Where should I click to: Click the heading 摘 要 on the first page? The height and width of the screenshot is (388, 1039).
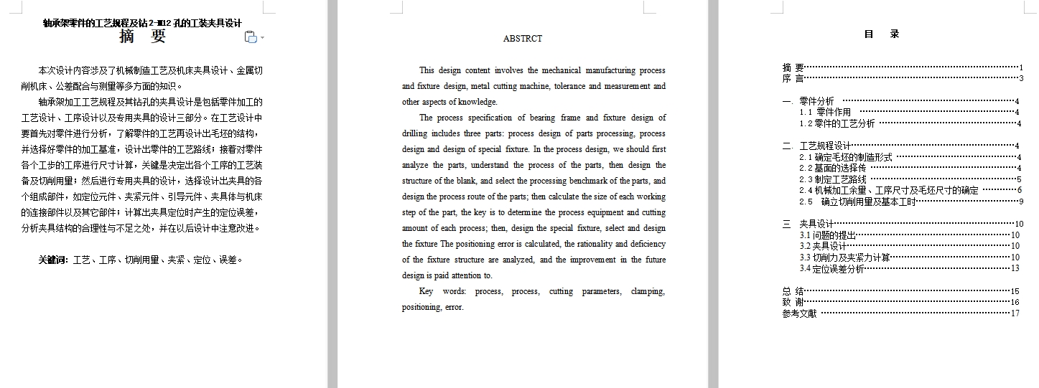pyautogui.click(x=142, y=37)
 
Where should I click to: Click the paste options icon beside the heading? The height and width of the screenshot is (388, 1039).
pyautogui.click(x=251, y=37)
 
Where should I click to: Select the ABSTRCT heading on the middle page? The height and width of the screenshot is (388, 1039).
pyautogui.click(x=523, y=39)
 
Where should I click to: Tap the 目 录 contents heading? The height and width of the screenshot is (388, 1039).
pyautogui.click(x=882, y=34)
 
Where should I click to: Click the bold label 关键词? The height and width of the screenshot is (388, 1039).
pyautogui.click(x=53, y=260)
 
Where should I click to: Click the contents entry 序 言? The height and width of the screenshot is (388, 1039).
pyautogui.click(x=793, y=78)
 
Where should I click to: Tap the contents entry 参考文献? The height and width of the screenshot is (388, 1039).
pyautogui.click(x=799, y=313)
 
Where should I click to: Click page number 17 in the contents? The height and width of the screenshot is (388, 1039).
pyautogui.click(x=1015, y=313)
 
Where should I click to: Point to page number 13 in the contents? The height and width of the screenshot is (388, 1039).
pyautogui.click(x=1015, y=269)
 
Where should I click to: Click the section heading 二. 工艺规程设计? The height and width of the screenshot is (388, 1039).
pyautogui.click(x=816, y=146)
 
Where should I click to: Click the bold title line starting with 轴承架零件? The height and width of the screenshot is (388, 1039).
pyautogui.click(x=142, y=23)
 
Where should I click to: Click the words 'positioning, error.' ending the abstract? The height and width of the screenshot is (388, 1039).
pyautogui.click(x=433, y=307)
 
